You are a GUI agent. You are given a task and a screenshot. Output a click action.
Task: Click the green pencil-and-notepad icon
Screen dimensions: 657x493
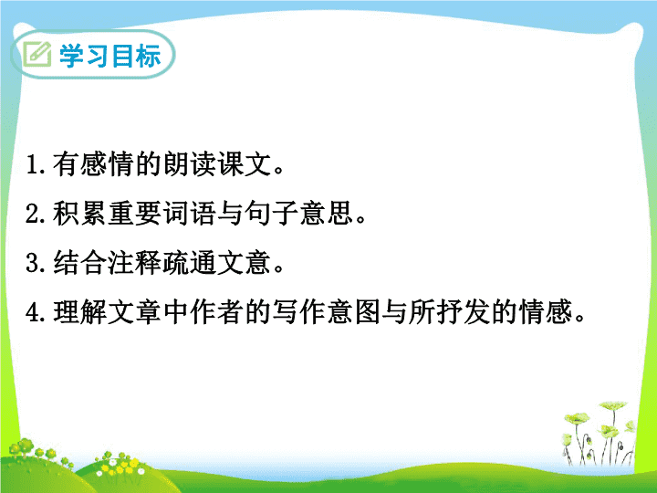click(x=36, y=54)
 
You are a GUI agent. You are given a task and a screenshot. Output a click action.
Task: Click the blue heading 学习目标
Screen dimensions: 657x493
click(x=110, y=56)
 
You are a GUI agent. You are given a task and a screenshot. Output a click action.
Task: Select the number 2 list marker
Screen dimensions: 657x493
click(x=33, y=214)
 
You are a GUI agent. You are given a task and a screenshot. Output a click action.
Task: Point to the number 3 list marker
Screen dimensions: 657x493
click(x=33, y=263)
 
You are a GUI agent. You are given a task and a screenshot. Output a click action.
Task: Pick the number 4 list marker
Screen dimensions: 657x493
click(x=33, y=312)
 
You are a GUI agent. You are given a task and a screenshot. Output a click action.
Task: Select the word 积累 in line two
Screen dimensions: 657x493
click(x=79, y=213)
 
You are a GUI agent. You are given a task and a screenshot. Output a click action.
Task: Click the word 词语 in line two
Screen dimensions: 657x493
click(x=190, y=213)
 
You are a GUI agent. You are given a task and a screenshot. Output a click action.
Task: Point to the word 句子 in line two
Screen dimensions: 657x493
click(x=272, y=213)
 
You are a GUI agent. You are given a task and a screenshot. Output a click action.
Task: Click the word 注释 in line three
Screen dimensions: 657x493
click(x=134, y=262)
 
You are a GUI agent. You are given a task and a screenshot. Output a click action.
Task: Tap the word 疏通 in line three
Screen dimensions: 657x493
click(x=190, y=262)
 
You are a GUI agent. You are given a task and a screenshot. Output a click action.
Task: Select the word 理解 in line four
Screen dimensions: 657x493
click(x=79, y=312)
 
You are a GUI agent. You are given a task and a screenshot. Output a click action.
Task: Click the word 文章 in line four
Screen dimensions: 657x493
click(x=134, y=312)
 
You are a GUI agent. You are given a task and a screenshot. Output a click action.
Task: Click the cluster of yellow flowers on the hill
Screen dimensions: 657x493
click(x=120, y=466)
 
